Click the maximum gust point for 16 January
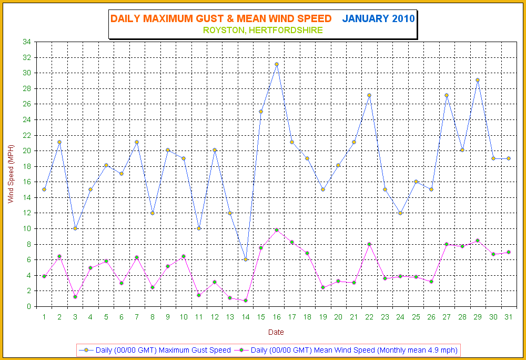[277, 64]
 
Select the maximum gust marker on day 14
[246, 259]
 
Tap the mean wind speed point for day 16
[277, 230]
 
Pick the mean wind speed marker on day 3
[75, 297]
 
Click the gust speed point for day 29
[478, 80]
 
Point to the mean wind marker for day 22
[369, 244]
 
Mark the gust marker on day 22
[369, 95]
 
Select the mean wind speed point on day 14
[246, 301]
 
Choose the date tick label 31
[508, 317]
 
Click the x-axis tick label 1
[44, 317]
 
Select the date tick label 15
[261, 317]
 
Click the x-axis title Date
[276, 332]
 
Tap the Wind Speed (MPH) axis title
[9, 174]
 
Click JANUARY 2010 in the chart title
[379, 19]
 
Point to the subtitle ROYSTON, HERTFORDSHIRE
[263, 31]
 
